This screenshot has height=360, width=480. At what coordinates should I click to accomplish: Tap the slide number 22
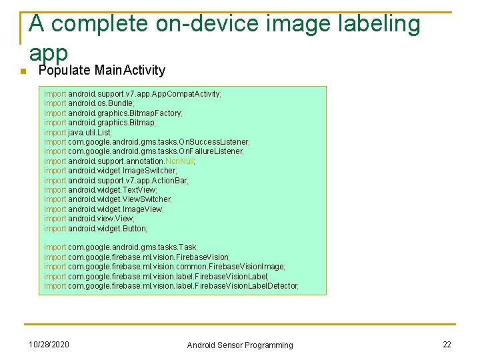(447, 344)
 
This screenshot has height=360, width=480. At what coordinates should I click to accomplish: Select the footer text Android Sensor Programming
(239, 345)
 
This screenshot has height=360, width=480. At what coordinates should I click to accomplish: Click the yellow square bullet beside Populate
(21, 72)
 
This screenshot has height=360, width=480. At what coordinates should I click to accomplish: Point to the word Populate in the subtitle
(65, 71)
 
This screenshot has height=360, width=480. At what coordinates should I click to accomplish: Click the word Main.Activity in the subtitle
(130, 71)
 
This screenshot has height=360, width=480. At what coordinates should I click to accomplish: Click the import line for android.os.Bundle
(89, 103)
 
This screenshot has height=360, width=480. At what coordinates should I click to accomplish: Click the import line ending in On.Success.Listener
(147, 142)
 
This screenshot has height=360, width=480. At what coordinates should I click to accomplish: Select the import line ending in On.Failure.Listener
(144, 151)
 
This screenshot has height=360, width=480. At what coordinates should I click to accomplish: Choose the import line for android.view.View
(89, 219)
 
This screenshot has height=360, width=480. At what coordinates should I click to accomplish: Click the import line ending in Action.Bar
(117, 180)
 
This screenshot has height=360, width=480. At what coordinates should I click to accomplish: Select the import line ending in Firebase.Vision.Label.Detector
(171, 285)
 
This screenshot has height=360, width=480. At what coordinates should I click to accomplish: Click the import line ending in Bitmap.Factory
(113, 113)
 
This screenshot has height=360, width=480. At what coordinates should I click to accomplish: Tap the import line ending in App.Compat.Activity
(133, 94)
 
